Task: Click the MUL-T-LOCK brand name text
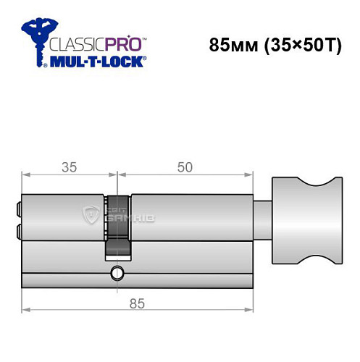pyautogui.click(x=98, y=62)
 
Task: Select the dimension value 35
pyautogui.click(x=69, y=167)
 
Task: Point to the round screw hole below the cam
pyautogui.click(x=116, y=274)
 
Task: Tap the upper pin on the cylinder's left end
pyautogui.click(x=17, y=210)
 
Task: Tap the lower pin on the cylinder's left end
pyautogui.click(x=17, y=231)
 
